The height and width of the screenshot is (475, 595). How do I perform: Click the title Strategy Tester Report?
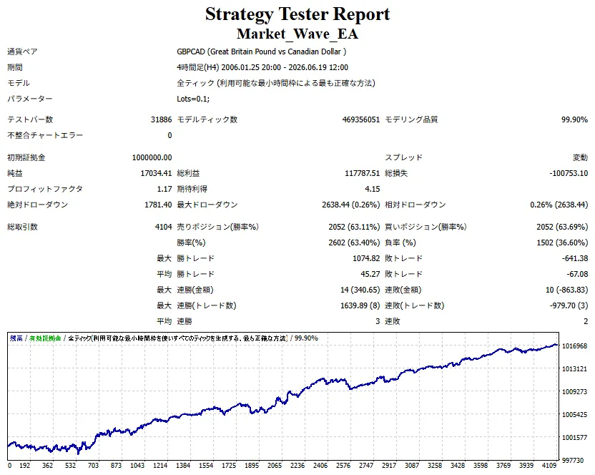pos(297,14)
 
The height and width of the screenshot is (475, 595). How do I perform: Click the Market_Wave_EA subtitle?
pos(297,34)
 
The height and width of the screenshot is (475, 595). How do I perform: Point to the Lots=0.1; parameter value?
pos(193,99)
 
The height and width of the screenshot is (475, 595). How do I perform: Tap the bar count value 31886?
pos(162,119)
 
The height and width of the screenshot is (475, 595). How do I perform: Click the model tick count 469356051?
pos(361,119)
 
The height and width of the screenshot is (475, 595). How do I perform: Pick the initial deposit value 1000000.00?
pos(152,157)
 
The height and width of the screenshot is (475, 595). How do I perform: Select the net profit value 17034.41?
pos(156,173)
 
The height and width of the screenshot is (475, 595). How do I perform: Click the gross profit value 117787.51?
pos(362,173)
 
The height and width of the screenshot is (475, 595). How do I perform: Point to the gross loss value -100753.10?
pos(569,173)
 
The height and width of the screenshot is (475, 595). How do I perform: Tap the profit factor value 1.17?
pos(164,189)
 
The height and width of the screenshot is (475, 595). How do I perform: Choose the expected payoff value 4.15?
pos(373,189)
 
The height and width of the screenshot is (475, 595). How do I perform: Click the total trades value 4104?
pos(164,227)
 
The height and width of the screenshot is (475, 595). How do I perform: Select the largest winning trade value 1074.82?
pos(366,258)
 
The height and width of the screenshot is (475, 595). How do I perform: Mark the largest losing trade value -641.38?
pos(575,258)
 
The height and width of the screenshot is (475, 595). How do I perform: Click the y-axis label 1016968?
pos(574,346)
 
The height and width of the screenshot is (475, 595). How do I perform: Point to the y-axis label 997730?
pos(573,460)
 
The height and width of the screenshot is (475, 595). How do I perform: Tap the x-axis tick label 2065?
pos(275,466)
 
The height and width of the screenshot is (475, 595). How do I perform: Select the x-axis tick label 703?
pos(94,466)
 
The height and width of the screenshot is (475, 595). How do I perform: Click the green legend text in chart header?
pos(45,338)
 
